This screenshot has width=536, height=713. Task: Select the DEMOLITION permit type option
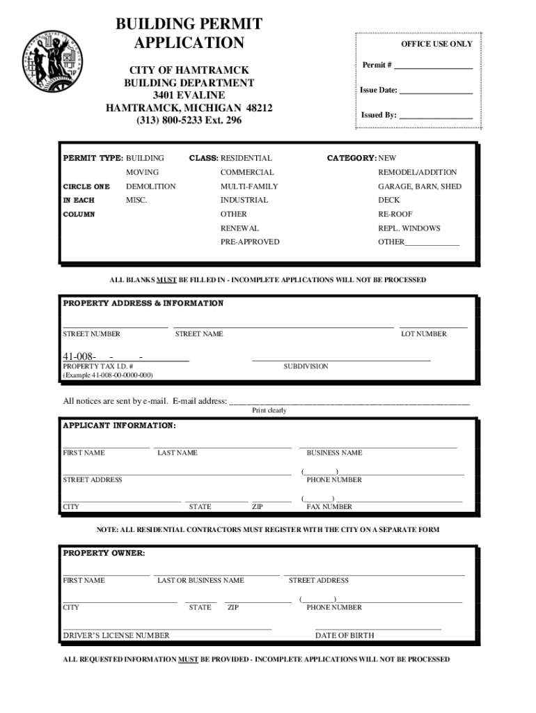point(150,187)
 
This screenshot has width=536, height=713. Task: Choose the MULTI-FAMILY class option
point(249,187)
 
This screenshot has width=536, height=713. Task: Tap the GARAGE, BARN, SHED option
point(419,187)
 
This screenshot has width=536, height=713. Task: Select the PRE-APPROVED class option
point(250,242)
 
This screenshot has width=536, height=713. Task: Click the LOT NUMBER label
point(423,334)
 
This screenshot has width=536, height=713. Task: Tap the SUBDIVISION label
point(306,366)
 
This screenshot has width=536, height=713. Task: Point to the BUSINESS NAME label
point(334,453)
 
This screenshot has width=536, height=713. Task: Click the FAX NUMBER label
point(329,508)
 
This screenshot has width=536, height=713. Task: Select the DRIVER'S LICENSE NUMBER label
point(116,636)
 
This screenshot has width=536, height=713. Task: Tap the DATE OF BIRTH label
point(344,636)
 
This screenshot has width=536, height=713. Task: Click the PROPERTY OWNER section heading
point(104,554)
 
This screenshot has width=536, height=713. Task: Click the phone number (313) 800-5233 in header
point(189,121)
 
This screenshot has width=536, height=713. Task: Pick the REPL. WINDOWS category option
point(409,228)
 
